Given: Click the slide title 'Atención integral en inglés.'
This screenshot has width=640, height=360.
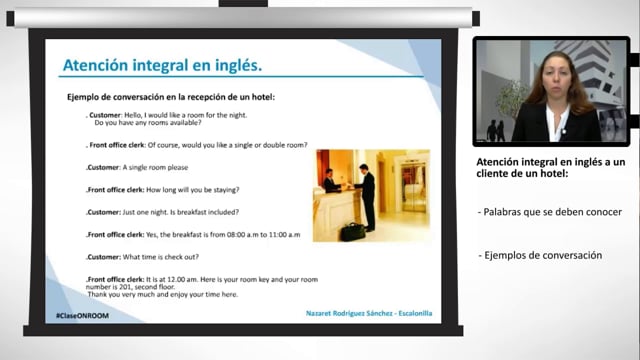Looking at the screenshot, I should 162,66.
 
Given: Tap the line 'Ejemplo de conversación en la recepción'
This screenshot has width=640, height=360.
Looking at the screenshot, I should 170,97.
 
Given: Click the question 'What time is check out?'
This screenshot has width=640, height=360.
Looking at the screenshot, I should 170,256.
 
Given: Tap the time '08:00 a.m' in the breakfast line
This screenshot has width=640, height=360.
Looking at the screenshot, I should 233,234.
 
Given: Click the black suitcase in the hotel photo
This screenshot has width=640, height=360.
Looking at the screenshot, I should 352,231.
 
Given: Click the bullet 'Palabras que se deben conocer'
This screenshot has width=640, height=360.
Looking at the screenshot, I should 551,212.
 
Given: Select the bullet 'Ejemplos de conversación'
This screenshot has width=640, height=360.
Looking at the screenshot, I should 541,255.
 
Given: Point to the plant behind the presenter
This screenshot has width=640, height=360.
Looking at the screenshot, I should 510,96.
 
